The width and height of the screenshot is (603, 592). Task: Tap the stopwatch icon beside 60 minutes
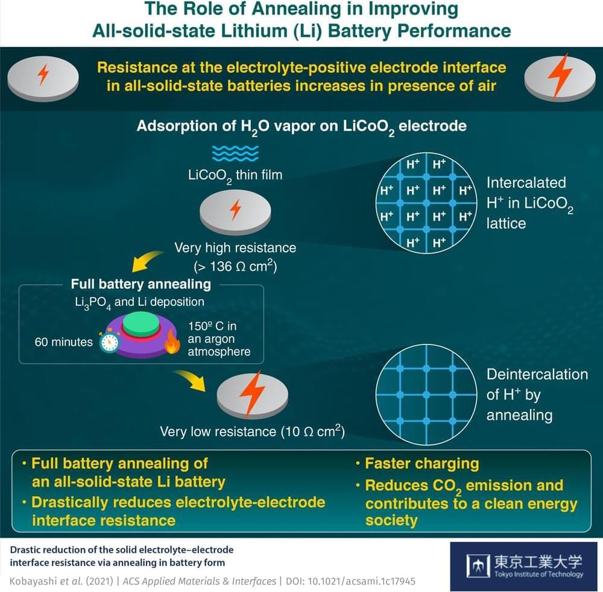tap(110, 342)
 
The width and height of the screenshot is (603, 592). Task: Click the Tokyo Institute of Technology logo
tap(524, 566)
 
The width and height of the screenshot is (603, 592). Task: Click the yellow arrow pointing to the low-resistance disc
tap(189, 379)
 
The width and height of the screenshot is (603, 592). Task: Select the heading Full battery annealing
tap(140, 284)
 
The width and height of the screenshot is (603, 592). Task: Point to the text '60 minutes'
tap(64, 342)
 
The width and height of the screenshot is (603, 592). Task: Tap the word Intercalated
tap(526, 182)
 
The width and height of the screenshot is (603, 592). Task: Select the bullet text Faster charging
tap(421, 463)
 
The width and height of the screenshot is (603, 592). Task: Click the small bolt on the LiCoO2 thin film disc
tap(236, 210)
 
